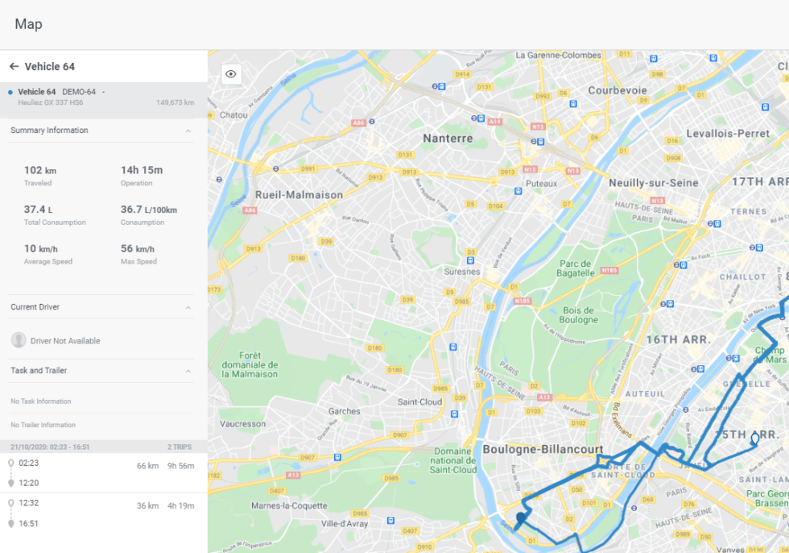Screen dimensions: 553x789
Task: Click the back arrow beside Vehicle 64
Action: (14, 67)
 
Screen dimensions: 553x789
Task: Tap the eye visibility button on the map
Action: (231, 74)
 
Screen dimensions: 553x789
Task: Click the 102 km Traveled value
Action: (40, 170)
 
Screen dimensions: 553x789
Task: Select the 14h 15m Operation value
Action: (142, 170)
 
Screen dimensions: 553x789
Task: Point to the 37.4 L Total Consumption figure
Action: (39, 210)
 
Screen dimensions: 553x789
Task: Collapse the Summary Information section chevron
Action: (188, 131)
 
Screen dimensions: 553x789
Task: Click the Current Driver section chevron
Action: (188, 307)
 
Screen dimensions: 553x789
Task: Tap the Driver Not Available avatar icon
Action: (19, 340)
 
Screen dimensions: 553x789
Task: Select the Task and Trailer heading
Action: (39, 371)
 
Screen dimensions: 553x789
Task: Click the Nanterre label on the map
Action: (448, 139)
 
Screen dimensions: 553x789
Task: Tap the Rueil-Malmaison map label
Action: (299, 195)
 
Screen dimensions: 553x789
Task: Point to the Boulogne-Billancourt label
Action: (543, 449)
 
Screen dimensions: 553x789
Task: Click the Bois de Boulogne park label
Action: (578, 314)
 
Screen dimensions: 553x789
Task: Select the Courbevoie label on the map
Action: (618, 91)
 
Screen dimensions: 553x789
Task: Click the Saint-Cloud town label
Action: (419, 401)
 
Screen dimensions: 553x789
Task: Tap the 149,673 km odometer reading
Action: (175, 103)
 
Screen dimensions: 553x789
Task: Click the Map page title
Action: (28, 24)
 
